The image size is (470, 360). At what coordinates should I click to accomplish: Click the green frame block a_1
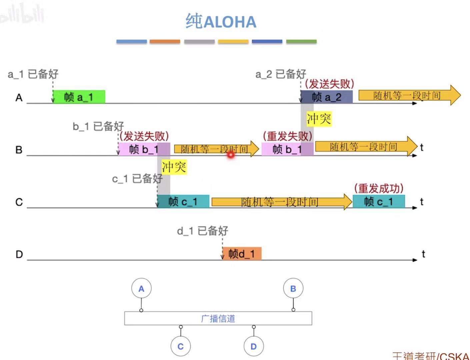point(79,97)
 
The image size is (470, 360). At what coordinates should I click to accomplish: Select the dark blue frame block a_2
point(327,97)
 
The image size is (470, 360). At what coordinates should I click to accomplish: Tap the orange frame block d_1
point(242,254)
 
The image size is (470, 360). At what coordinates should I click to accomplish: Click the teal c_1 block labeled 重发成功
point(379,202)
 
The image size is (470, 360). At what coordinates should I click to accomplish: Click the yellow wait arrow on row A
point(408,95)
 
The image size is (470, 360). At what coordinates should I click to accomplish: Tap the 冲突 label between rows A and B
point(319,119)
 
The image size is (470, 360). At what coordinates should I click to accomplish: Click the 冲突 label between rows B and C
point(174,167)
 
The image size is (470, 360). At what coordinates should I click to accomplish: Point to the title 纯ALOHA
point(221,22)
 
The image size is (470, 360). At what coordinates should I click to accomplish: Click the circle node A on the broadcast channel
point(141,289)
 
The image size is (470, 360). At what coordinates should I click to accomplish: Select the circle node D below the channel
point(254,347)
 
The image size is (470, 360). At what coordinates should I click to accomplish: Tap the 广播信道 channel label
point(218,319)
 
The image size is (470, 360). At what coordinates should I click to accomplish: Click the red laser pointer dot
point(231,154)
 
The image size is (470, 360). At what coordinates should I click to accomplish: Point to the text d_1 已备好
point(202,231)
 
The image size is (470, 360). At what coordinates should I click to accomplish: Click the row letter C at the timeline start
point(19,202)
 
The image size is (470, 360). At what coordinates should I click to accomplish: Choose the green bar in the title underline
point(301,42)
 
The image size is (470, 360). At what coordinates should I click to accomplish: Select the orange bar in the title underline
point(165,42)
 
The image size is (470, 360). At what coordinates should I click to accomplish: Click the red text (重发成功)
point(379,189)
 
